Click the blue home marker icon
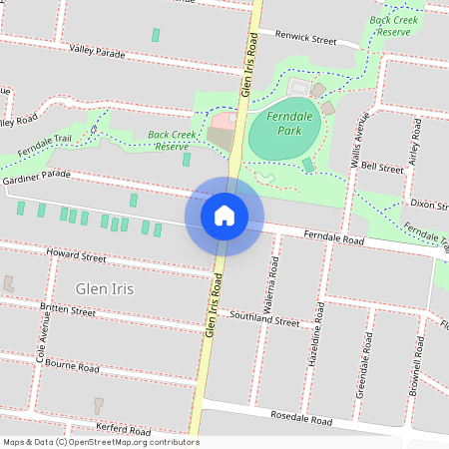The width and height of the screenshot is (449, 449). tap(224, 216)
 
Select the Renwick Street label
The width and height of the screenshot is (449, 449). tap(305, 39)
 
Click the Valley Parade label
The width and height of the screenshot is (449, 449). tap(98, 50)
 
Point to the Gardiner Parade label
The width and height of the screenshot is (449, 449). tap(37, 176)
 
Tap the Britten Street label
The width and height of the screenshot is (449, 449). tap(67, 310)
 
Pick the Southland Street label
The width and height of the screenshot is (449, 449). tap(264, 320)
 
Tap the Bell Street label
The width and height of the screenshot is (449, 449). tap(382, 168)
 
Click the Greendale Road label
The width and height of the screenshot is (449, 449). tap(362, 370)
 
